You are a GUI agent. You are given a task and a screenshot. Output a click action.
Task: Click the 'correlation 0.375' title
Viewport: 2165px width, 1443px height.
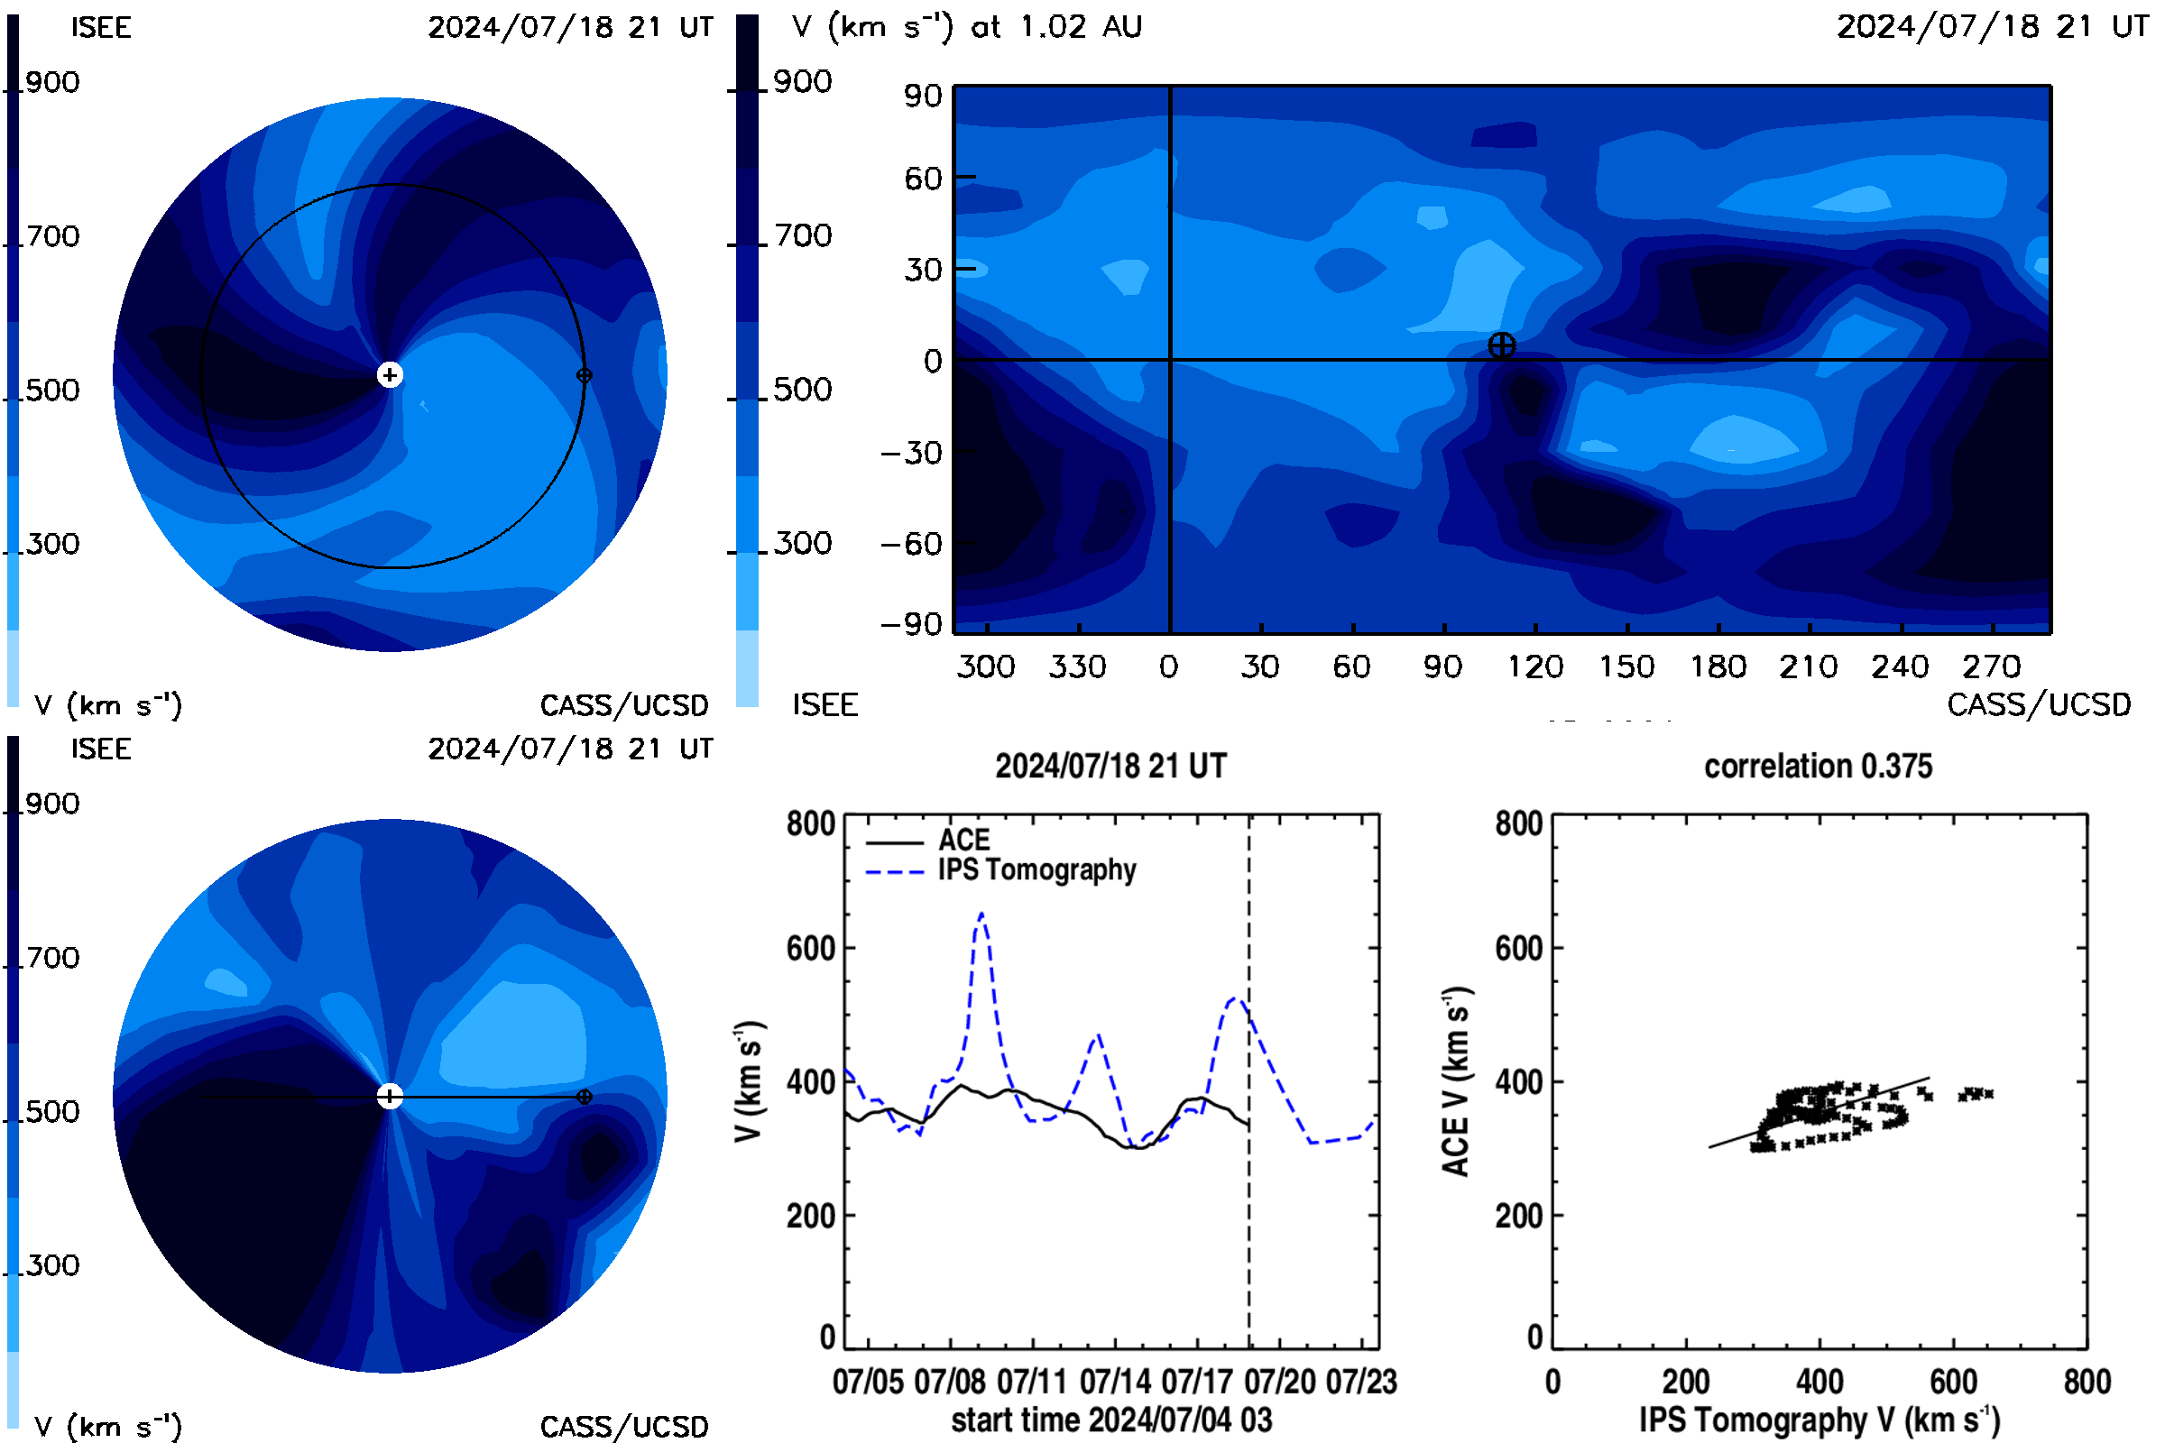[1818, 766]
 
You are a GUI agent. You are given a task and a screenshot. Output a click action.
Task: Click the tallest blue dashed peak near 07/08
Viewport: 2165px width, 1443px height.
[981, 914]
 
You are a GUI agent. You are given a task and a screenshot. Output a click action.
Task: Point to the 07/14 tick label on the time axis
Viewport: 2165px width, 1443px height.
[1115, 1382]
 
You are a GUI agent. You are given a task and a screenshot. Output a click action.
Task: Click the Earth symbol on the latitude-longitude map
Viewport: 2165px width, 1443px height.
[1501, 345]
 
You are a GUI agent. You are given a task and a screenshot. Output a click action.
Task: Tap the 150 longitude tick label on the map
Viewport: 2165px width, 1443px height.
[1626, 666]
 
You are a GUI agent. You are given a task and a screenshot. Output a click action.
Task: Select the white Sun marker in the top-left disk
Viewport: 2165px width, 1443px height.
[390, 374]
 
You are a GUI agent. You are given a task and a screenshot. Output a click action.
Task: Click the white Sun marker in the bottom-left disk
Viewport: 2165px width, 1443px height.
[390, 1096]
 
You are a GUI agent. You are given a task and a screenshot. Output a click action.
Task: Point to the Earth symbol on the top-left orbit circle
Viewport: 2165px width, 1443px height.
[584, 374]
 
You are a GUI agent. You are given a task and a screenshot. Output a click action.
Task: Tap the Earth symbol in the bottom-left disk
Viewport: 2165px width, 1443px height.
[584, 1096]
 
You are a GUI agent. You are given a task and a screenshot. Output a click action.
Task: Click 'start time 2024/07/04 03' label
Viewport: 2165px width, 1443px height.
[1112, 1420]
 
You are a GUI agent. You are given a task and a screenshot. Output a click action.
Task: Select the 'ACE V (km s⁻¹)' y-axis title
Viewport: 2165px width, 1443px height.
[1456, 1081]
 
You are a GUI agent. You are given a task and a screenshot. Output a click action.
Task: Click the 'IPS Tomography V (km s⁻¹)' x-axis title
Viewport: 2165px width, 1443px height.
[1820, 1420]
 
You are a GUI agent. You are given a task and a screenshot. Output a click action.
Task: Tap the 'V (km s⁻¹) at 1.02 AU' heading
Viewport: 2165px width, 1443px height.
[967, 27]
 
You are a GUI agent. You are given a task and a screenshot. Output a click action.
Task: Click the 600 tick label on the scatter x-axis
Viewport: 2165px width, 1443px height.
[1953, 1382]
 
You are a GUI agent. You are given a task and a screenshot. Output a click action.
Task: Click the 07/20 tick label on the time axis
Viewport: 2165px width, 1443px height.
[1279, 1382]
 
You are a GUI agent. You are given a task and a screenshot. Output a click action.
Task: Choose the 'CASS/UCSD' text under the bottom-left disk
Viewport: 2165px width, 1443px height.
[624, 1427]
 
